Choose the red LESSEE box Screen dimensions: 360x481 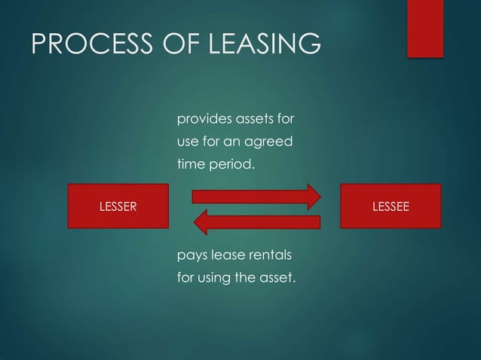(x=391, y=206)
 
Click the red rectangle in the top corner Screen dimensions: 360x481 (x=424, y=28)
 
